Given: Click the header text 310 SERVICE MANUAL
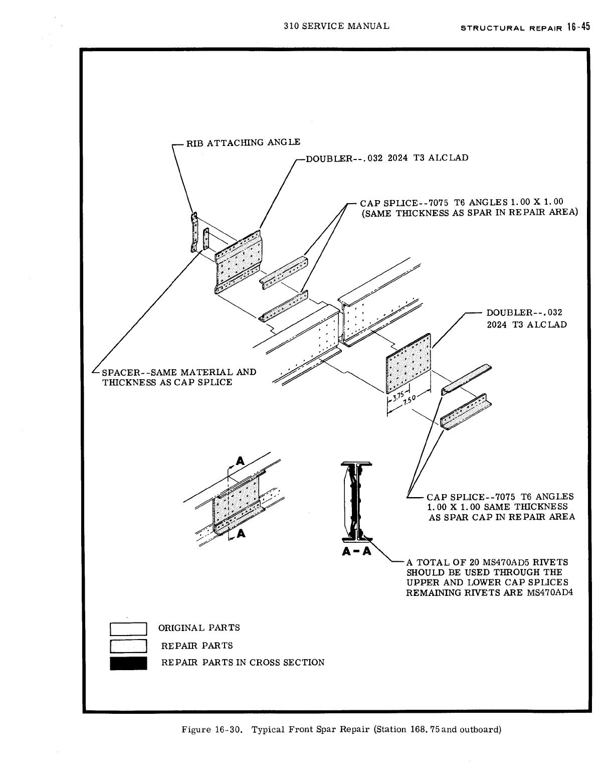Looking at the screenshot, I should point(336,26).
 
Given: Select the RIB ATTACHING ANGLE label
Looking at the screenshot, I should point(243,142).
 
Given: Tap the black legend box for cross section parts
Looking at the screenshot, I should point(128,663).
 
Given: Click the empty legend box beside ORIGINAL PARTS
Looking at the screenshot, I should point(128,629).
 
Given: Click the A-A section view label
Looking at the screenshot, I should point(356,552).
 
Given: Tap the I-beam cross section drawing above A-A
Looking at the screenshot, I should point(355,502).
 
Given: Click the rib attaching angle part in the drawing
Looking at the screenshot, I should point(193,232).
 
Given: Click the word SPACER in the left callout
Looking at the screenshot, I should point(120,372).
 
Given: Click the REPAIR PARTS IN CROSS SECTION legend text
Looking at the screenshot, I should point(243,663).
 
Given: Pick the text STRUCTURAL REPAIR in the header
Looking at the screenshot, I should point(511,28).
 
